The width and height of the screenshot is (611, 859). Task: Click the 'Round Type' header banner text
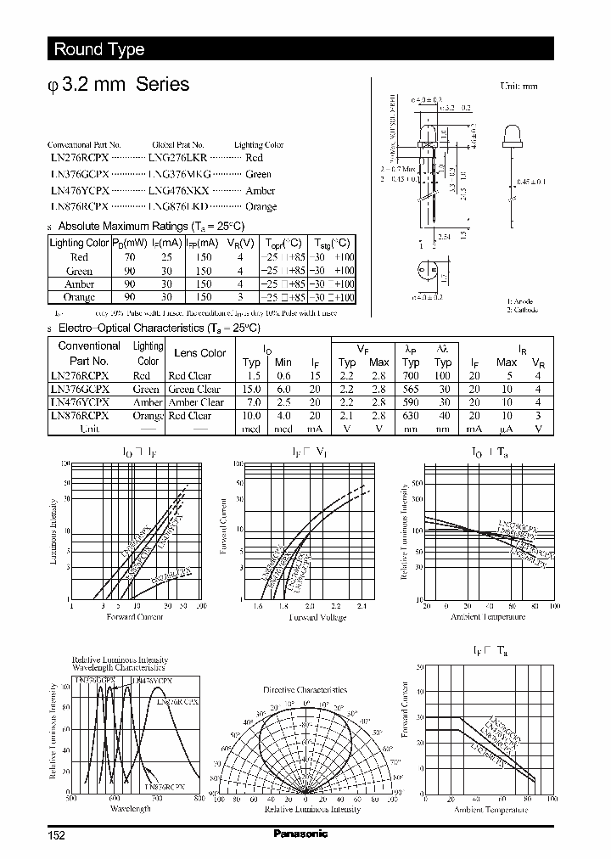99,49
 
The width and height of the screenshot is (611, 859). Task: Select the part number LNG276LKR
177,158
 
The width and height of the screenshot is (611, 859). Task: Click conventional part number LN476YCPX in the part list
79,190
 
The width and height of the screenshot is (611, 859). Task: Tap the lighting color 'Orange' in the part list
261,206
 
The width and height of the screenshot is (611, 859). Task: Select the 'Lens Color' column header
199,353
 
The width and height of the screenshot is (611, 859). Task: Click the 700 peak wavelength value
412,376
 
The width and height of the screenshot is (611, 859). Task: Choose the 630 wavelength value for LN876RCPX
412,416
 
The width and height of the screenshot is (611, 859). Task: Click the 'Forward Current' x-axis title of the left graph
134,617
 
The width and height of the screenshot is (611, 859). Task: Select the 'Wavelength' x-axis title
130,809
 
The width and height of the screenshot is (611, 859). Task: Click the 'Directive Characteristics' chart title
301,689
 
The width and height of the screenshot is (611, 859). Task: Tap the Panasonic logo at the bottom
300,834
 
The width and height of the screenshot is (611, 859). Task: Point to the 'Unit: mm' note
519,87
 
